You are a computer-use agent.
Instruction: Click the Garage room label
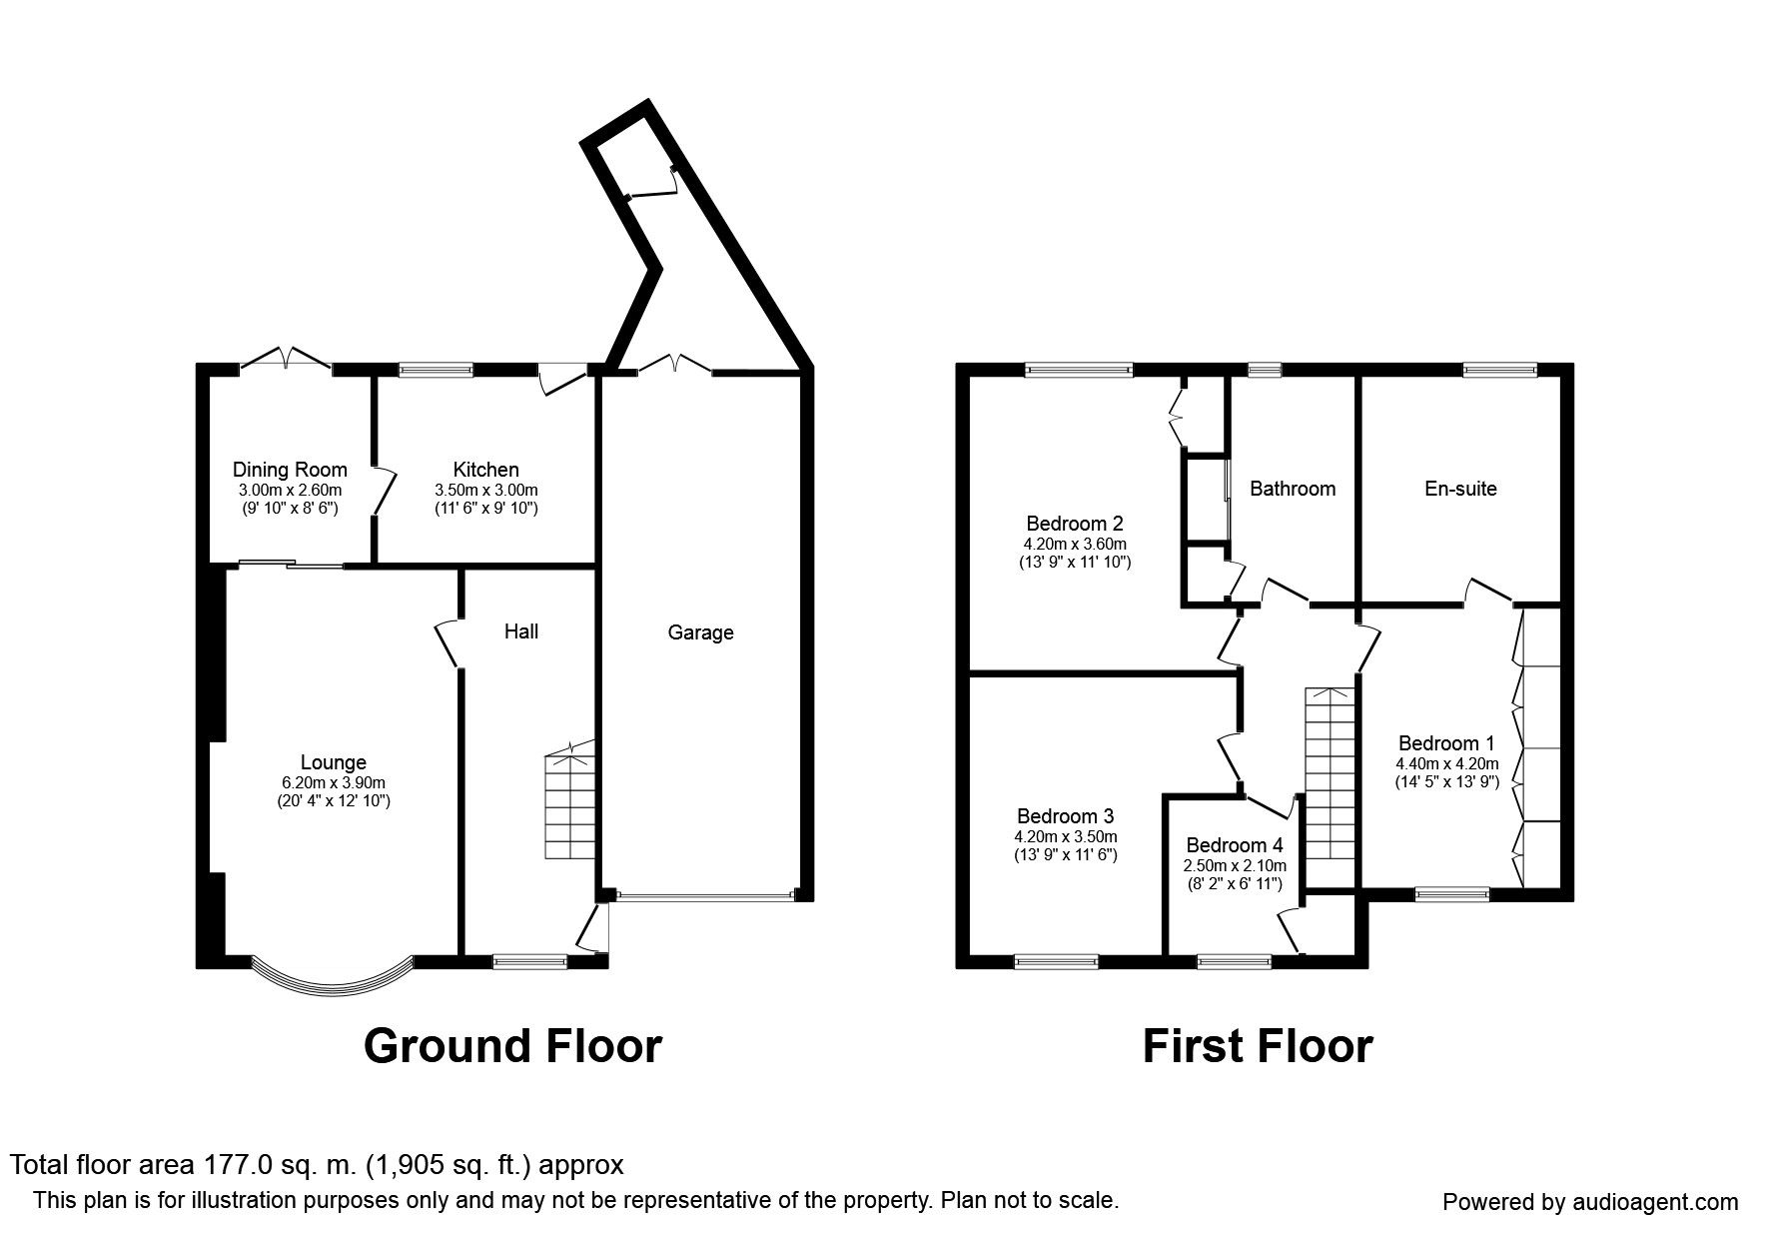pos(700,632)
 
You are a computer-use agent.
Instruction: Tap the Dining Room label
pos(290,470)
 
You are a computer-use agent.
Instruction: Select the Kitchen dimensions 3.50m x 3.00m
pos(486,491)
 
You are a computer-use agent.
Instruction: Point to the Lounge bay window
pos(332,976)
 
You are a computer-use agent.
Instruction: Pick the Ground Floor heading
pos(512,1046)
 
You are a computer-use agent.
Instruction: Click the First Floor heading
pos(1258,1046)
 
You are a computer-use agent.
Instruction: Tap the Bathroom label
pos(1293,489)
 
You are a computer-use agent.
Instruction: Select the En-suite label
pos(1460,489)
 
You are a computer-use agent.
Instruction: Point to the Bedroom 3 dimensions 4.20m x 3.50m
pos(1067,837)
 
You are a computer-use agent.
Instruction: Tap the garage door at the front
pos(706,896)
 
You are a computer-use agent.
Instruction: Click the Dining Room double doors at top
pos(286,359)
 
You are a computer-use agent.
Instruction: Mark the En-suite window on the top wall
pos(1499,370)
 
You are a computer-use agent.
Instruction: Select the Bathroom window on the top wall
pos(1265,370)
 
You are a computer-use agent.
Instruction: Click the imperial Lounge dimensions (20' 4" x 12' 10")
pos(334,800)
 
